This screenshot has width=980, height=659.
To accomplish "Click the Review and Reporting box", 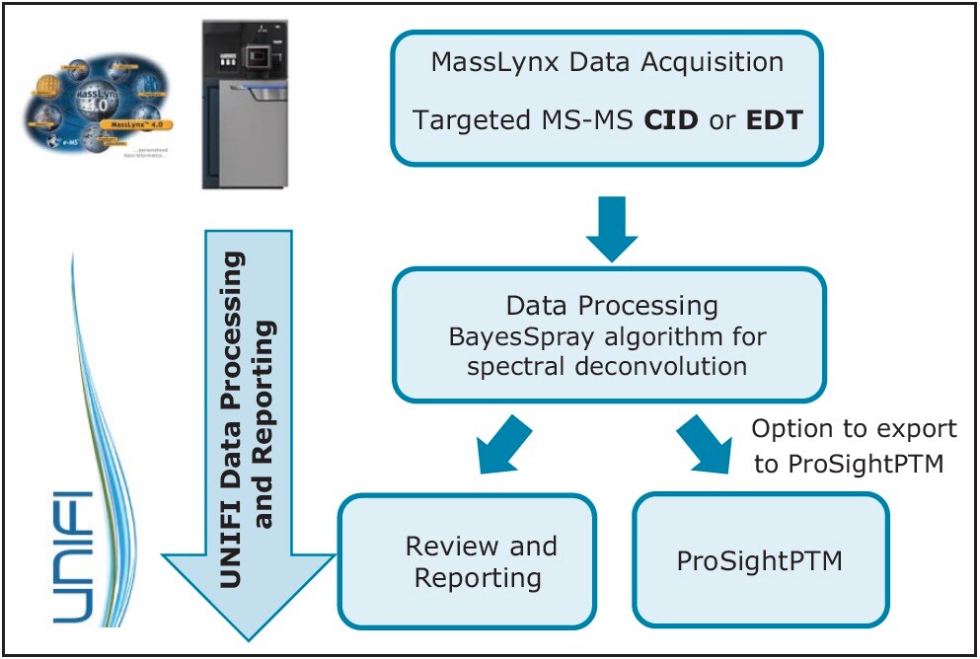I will (467, 560).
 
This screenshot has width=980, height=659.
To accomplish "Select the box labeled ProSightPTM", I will (760, 560).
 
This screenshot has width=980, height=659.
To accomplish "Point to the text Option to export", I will (855, 429).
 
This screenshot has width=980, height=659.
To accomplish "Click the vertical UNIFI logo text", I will (73, 556).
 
